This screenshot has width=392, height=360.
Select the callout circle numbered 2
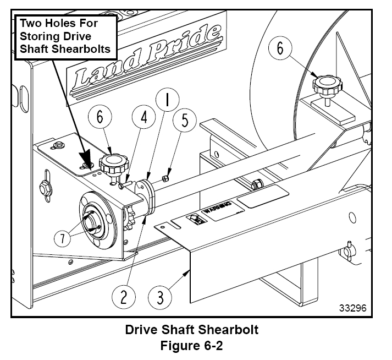coord(124,297)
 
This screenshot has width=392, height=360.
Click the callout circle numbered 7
coord(65,238)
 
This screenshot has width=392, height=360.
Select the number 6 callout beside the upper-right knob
coord(280,48)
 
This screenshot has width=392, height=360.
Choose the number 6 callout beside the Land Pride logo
coord(104,117)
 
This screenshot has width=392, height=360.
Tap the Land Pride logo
coord(144,61)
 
